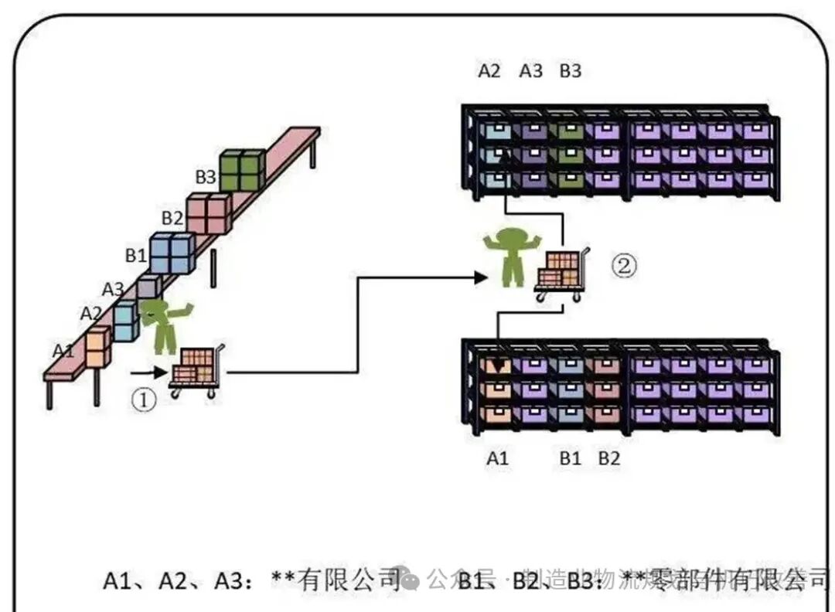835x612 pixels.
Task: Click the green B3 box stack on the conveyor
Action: click(242, 171)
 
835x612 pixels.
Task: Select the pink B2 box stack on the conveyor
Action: click(208, 213)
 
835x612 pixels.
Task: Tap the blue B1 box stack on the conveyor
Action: click(172, 253)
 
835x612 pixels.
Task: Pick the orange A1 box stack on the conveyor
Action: click(98, 347)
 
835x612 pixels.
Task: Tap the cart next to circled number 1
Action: click(196, 371)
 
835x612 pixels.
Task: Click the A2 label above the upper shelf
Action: click(489, 72)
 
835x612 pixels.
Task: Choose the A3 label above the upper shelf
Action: click(530, 72)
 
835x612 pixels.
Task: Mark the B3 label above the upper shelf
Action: click(571, 72)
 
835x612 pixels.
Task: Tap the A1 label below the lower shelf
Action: click(498, 458)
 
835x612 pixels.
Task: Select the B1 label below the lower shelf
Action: click(571, 458)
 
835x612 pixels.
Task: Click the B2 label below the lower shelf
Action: click(609, 458)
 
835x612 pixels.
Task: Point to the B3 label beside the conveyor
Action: click(205, 177)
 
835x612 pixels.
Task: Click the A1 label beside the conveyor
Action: click(63, 350)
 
